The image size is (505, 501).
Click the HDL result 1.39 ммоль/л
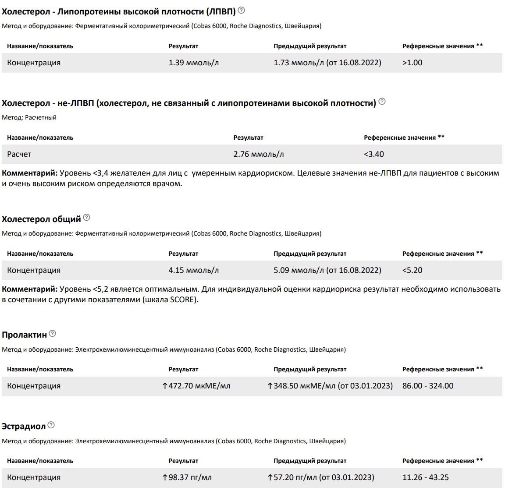(x=193, y=63)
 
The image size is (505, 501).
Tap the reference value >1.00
(x=412, y=63)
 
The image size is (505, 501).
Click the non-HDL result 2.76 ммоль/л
(x=258, y=154)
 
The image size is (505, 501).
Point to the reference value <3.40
(x=373, y=154)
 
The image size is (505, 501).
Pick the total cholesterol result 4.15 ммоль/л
(x=193, y=270)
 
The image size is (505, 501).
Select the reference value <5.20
(x=412, y=270)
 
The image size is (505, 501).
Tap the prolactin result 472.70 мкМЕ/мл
(x=199, y=386)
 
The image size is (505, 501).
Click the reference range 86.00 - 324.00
(x=427, y=386)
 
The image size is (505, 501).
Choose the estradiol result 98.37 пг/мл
(x=190, y=477)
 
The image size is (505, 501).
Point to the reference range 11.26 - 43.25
(x=425, y=477)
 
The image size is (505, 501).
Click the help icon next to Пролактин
(x=53, y=333)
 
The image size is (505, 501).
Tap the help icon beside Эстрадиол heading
(x=51, y=425)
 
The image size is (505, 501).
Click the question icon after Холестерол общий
(x=87, y=217)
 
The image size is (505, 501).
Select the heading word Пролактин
(x=24, y=335)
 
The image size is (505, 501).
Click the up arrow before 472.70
(x=165, y=386)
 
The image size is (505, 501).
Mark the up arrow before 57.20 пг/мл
(x=270, y=477)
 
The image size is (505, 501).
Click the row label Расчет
(x=19, y=154)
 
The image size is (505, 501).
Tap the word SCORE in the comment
(x=183, y=300)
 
